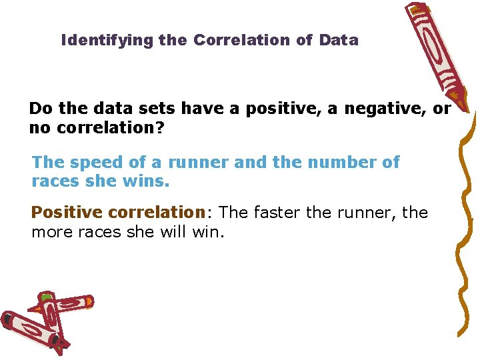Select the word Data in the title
[x=339, y=40]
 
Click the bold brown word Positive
[x=67, y=213]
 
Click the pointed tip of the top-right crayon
[x=466, y=107]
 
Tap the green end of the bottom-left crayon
[x=45, y=296]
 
